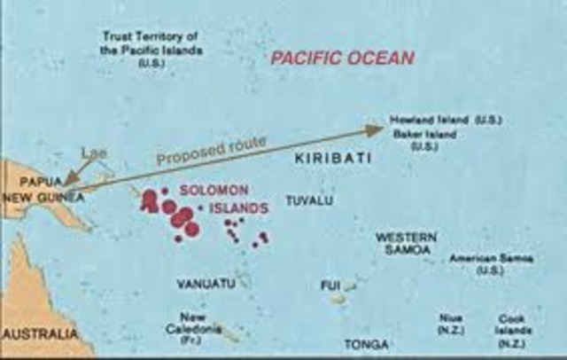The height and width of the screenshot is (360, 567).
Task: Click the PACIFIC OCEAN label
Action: (342, 59)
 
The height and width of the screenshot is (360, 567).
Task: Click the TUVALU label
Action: (309, 201)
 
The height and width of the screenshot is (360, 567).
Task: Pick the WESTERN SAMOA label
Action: (406, 243)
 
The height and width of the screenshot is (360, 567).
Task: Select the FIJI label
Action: (330, 286)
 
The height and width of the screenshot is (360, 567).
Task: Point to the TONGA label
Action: (367, 344)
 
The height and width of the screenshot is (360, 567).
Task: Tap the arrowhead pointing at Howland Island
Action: (375, 130)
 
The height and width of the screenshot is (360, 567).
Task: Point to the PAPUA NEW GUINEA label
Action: (43, 191)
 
